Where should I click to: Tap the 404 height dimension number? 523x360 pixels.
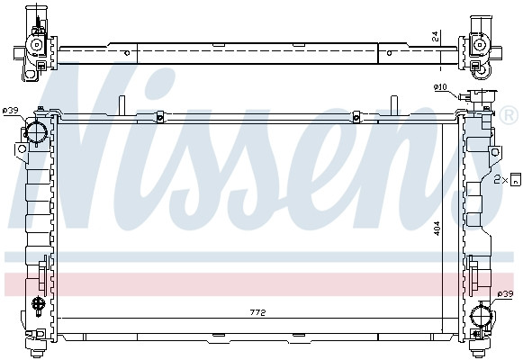coord(437,229)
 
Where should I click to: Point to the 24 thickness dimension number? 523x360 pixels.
coord(435,36)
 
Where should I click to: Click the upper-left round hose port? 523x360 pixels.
coord(36,133)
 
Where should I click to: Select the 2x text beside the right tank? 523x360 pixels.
coord(500,180)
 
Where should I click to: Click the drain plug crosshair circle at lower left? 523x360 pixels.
coord(38,305)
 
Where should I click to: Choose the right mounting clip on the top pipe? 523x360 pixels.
coord(356,115)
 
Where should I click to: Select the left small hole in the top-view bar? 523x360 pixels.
coord(127,53)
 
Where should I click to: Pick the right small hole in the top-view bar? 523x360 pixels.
coord(390,53)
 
